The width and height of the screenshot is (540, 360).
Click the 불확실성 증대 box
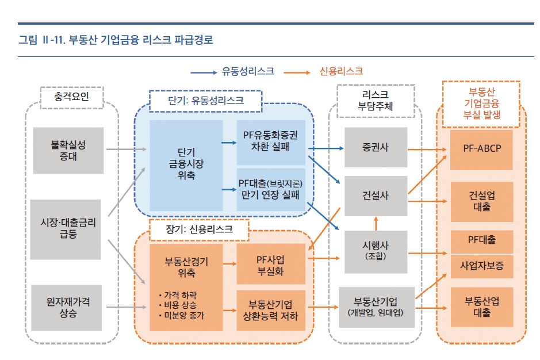pos(68,150)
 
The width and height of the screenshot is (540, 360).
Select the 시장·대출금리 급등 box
pos(68,229)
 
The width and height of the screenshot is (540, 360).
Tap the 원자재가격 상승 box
pos(68,308)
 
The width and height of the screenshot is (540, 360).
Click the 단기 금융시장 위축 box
pos(186,165)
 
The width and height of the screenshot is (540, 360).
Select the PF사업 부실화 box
pos(270,264)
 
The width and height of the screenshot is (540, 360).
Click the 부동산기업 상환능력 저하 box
pos(270,310)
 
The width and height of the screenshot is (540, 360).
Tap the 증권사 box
pos(376,147)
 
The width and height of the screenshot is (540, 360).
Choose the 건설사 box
pos(376,196)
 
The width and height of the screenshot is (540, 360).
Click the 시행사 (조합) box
pos(376,251)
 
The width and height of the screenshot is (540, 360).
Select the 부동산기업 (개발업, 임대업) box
pos(376,307)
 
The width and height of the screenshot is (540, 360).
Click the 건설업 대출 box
pos(481,201)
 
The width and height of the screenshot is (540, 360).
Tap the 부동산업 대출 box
pos(481,307)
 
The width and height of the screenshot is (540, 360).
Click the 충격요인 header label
pos(72,97)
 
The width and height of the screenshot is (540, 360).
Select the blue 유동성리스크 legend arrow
pos(204,72)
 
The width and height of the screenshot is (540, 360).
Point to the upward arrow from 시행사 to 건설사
pos(376,223)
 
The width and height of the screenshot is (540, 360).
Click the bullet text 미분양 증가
pos(183,316)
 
